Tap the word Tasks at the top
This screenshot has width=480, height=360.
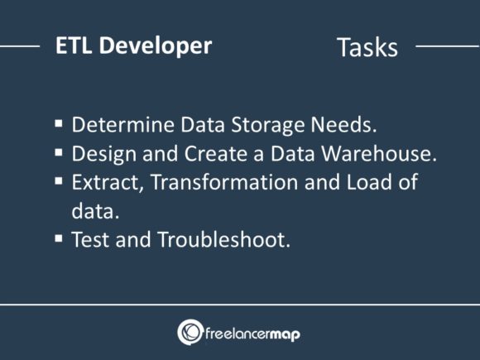coord(367,47)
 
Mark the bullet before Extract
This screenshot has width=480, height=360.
coord(59,180)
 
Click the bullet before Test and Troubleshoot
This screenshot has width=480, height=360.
coord(59,238)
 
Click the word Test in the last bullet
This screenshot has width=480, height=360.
coord(89,241)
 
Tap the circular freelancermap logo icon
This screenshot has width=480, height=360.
coord(190,332)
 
